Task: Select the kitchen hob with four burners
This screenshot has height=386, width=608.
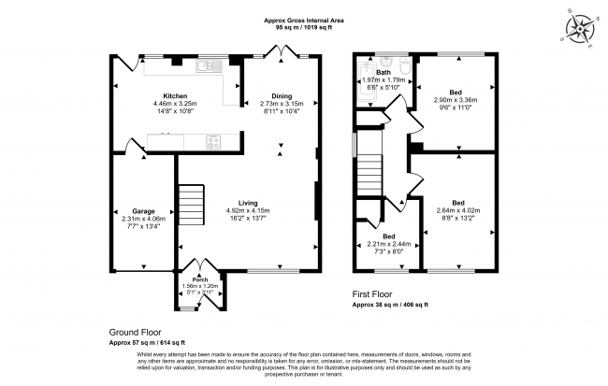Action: (213, 143)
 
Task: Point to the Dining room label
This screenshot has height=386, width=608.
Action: (281, 95)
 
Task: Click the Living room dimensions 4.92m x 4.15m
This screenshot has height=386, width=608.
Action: (248, 211)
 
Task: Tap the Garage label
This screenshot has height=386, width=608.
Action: (143, 211)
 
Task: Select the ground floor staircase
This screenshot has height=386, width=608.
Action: (192, 201)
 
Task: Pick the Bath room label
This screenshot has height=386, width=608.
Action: (384, 72)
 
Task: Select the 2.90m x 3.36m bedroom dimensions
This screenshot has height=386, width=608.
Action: (456, 102)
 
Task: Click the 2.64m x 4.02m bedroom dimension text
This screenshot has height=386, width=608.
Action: (457, 211)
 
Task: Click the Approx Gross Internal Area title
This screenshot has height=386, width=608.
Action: (303, 19)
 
